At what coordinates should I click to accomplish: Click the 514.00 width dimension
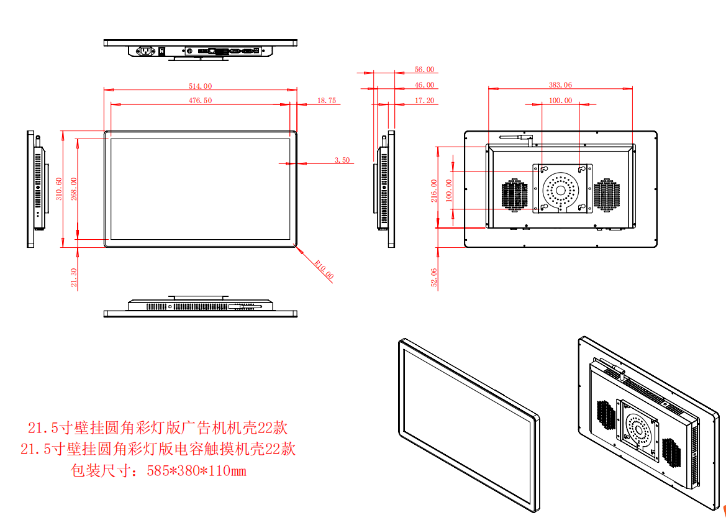click(x=200, y=86)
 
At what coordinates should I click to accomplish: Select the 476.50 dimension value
click(x=200, y=100)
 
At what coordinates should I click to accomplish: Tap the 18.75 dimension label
click(x=326, y=100)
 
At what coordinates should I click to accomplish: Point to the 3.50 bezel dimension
click(x=342, y=160)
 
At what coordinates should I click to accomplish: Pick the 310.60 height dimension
click(x=59, y=189)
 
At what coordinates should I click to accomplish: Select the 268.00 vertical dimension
click(x=74, y=189)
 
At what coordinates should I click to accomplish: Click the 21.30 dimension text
click(x=75, y=277)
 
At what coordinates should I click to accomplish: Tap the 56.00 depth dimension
click(x=424, y=70)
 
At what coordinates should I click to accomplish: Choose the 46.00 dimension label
click(x=424, y=85)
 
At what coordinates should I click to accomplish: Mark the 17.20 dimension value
click(x=424, y=101)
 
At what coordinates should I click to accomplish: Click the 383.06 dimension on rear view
click(x=560, y=85)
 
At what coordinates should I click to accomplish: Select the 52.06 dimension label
click(x=434, y=278)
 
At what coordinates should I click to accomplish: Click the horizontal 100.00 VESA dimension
click(x=560, y=101)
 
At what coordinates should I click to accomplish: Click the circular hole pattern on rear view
click(x=561, y=188)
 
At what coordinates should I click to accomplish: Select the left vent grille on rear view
click(x=515, y=194)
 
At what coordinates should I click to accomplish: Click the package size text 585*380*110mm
click(x=196, y=471)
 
